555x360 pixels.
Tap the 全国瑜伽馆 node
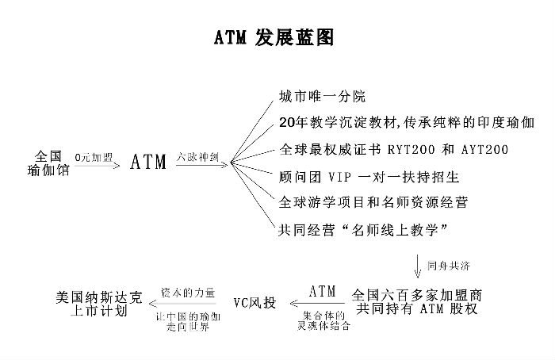48,162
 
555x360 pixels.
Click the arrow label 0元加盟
93,158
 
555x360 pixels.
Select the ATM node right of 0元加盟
148,162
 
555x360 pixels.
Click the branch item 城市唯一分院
322,98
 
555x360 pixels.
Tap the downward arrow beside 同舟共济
419,264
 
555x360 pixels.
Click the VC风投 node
255,303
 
